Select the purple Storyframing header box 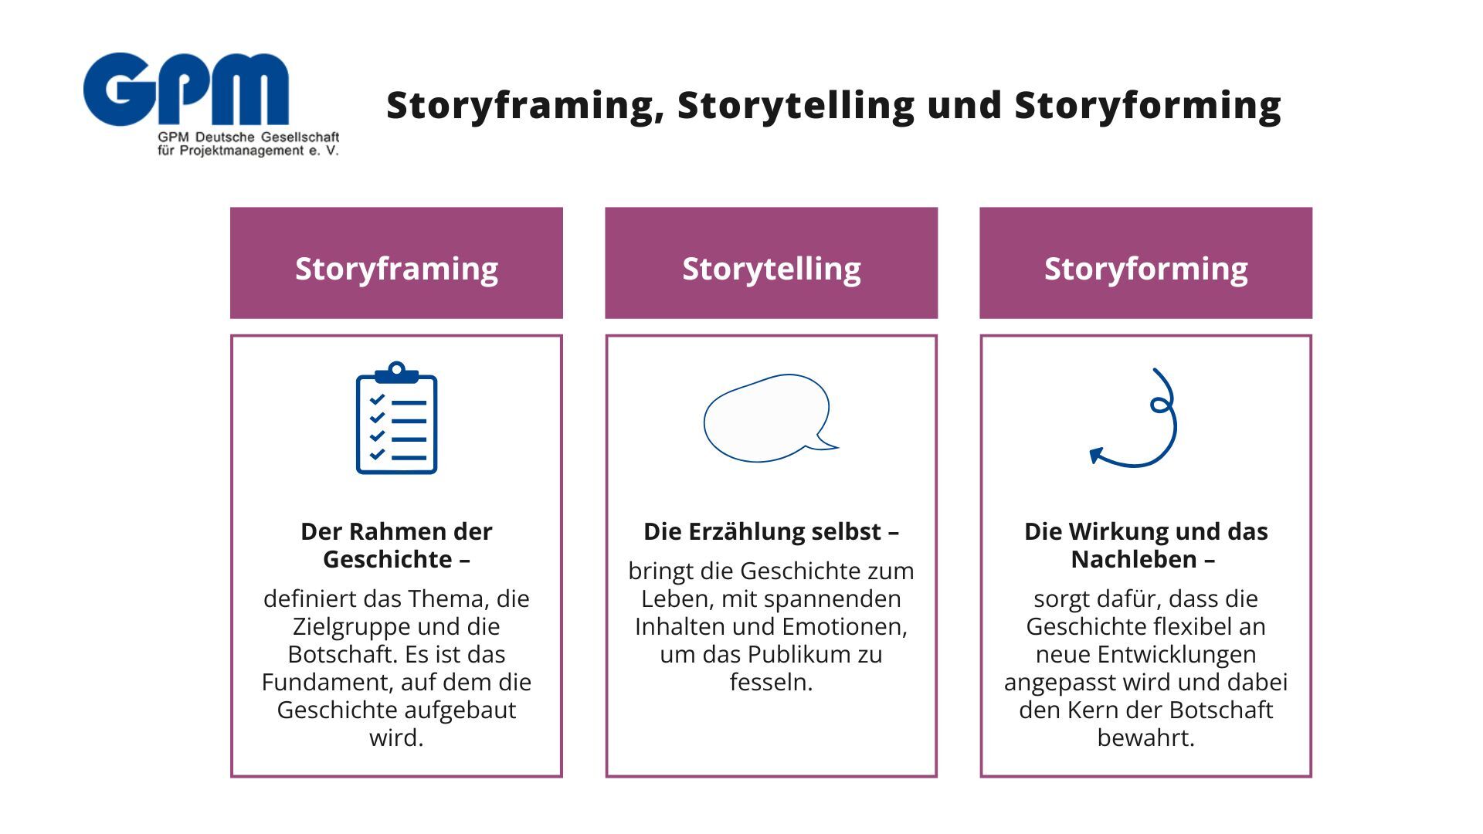(396, 263)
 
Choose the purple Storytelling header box (771, 263)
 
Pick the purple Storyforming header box (1145, 263)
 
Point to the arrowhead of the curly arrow (1096, 455)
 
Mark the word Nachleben (1133, 559)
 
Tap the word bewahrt (1145, 737)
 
